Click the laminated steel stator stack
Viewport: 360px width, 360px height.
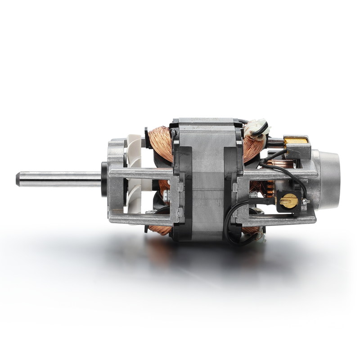click(x=205, y=180)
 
